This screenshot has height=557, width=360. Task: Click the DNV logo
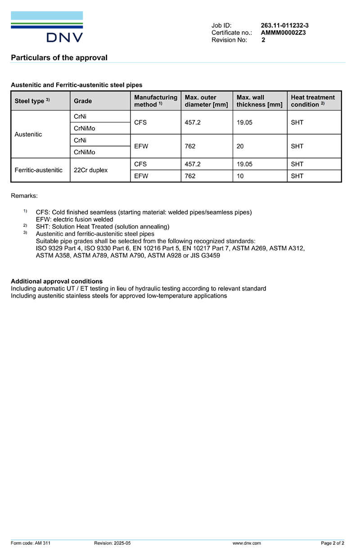click(47, 27)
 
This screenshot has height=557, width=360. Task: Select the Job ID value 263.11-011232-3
click(284, 26)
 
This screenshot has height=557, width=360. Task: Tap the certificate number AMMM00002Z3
click(283, 33)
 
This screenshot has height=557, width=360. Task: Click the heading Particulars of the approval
click(59, 58)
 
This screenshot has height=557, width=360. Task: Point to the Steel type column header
click(32, 101)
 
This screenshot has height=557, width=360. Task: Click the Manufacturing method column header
click(156, 101)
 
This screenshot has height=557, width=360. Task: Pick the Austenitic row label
click(28, 134)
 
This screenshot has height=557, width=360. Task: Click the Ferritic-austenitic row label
click(39, 170)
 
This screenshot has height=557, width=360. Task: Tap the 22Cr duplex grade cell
click(91, 170)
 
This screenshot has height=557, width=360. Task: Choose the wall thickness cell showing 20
click(240, 146)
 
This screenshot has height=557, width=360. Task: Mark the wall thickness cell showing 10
click(240, 176)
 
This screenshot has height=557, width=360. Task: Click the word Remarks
click(24, 196)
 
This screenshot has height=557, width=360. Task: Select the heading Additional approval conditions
click(57, 281)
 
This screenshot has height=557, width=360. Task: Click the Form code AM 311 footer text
click(31, 543)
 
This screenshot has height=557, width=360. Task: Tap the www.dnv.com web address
click(247, 543)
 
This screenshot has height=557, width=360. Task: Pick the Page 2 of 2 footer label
click(333, 543)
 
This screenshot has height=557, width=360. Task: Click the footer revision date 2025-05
click(122, 543)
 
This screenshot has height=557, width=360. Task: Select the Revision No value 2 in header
click(263, 40)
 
